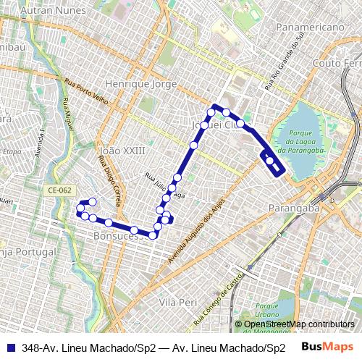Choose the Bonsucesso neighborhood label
(116, 237)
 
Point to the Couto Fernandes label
(337, 64)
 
